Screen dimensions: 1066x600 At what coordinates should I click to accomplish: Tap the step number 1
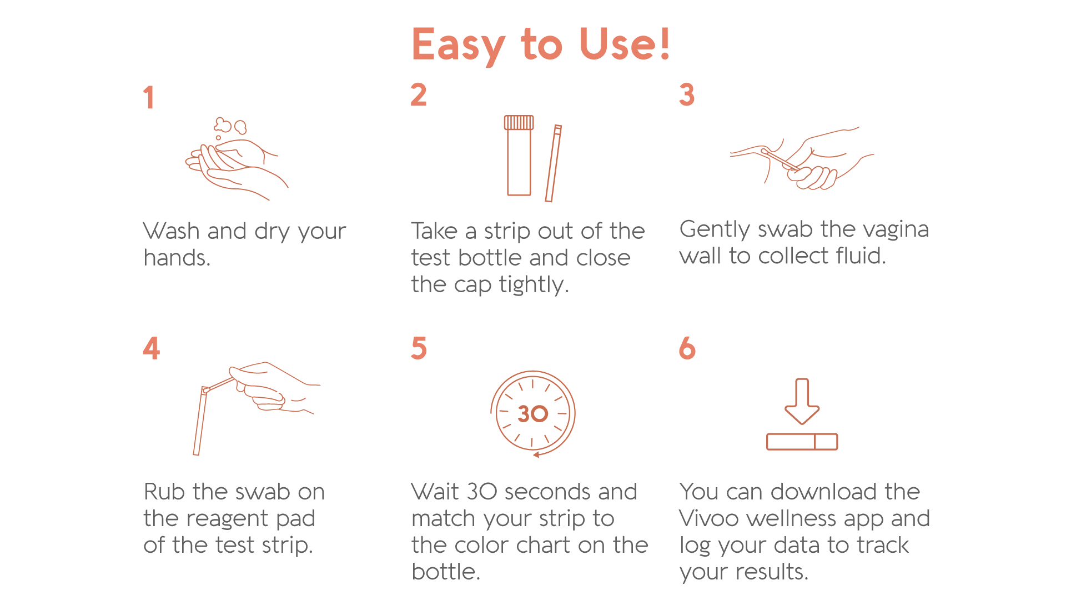(x=148, y=97)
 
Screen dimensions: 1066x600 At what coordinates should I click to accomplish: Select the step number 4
(x=152, y=348)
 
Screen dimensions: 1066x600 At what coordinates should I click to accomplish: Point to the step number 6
(x=687, y=348)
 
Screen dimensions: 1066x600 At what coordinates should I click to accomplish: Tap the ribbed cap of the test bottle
(x=519, y=122)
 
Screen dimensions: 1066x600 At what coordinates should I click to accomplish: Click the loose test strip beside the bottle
(x=554, y=163)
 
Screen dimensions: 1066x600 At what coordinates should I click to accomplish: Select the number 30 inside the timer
(x=532, y=413)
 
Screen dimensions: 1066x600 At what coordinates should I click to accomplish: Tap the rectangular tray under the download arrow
(x=802, y=442)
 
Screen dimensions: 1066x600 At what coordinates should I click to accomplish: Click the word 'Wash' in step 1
(x=172, y=231)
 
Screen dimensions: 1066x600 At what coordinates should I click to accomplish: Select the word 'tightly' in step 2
(x=534, y=284)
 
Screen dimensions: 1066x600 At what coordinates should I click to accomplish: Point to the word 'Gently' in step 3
(x=715, y=229)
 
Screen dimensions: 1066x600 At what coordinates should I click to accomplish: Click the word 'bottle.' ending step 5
(x=446, y=572)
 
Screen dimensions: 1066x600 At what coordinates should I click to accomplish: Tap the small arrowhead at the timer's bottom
(x=536, y=455)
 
